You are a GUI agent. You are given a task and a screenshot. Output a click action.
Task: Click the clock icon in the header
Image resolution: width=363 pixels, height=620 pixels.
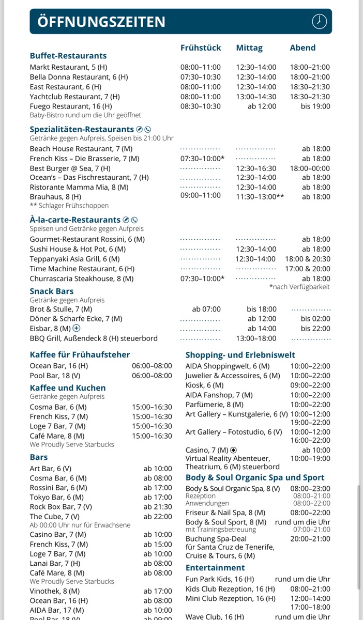[x=320, y=22]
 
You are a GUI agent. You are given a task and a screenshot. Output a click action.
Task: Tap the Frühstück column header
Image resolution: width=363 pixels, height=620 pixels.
[x=201, y=48]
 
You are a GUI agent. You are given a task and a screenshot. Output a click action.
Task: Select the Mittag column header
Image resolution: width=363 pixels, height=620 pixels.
[x=249, y=48]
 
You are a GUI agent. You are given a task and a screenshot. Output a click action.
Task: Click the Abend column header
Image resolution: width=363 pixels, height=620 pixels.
[x=303, y=48]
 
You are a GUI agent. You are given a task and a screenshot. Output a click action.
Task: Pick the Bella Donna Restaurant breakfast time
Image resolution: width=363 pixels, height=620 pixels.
[x=201, y=77]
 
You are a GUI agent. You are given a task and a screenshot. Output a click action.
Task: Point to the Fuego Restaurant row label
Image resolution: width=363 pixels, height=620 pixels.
[x=70, y=106]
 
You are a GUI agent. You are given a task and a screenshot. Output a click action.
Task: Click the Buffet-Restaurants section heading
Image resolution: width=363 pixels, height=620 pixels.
[x=68, y=56]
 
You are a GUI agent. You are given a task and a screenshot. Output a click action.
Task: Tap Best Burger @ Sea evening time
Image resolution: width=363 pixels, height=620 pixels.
[x=310, y=168]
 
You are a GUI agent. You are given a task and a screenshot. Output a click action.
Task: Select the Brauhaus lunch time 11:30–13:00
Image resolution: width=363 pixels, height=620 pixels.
[x=260, y=196]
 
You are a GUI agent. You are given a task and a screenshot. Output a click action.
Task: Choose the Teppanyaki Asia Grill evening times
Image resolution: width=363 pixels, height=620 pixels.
[x=307, y=259]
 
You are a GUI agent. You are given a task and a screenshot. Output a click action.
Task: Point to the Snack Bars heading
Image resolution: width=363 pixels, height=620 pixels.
[x=52, y=291]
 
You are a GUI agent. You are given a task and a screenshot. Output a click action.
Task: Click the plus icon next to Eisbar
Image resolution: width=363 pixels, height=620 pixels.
[x=77, y=329]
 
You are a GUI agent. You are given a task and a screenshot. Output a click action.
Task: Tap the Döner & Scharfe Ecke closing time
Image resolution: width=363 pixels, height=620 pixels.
[x=315, y=319]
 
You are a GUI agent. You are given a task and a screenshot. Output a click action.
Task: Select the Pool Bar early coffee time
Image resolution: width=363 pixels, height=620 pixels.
[x=152, y=376]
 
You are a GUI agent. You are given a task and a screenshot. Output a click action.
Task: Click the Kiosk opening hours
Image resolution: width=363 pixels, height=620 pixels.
[x=310, y=385]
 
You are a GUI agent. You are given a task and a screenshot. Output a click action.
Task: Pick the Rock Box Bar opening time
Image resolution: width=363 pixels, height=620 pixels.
[x=158, y=507]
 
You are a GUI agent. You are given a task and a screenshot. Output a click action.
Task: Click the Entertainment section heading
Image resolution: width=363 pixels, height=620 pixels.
[x=215, y=568]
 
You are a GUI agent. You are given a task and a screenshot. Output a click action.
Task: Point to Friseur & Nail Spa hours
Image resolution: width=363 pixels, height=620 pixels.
[x=310, y=513]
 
